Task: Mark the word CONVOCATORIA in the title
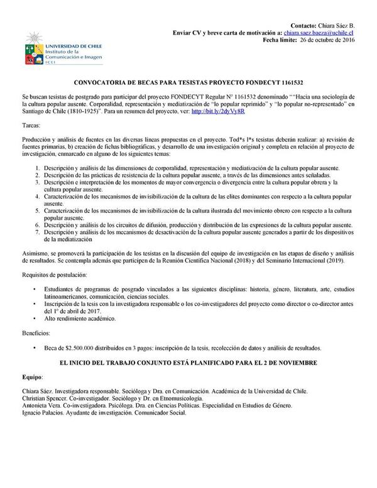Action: tap(111, 82)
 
